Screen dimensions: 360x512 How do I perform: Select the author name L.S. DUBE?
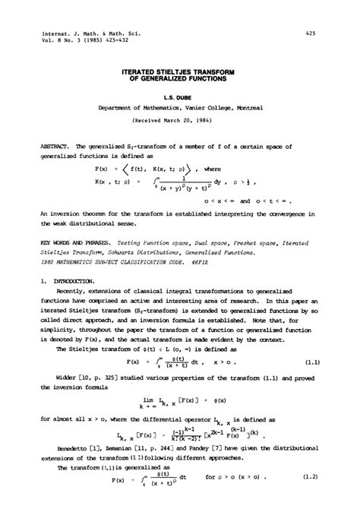click(x=180, y=97)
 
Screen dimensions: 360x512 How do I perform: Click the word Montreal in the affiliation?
click(x=247, y=109)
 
